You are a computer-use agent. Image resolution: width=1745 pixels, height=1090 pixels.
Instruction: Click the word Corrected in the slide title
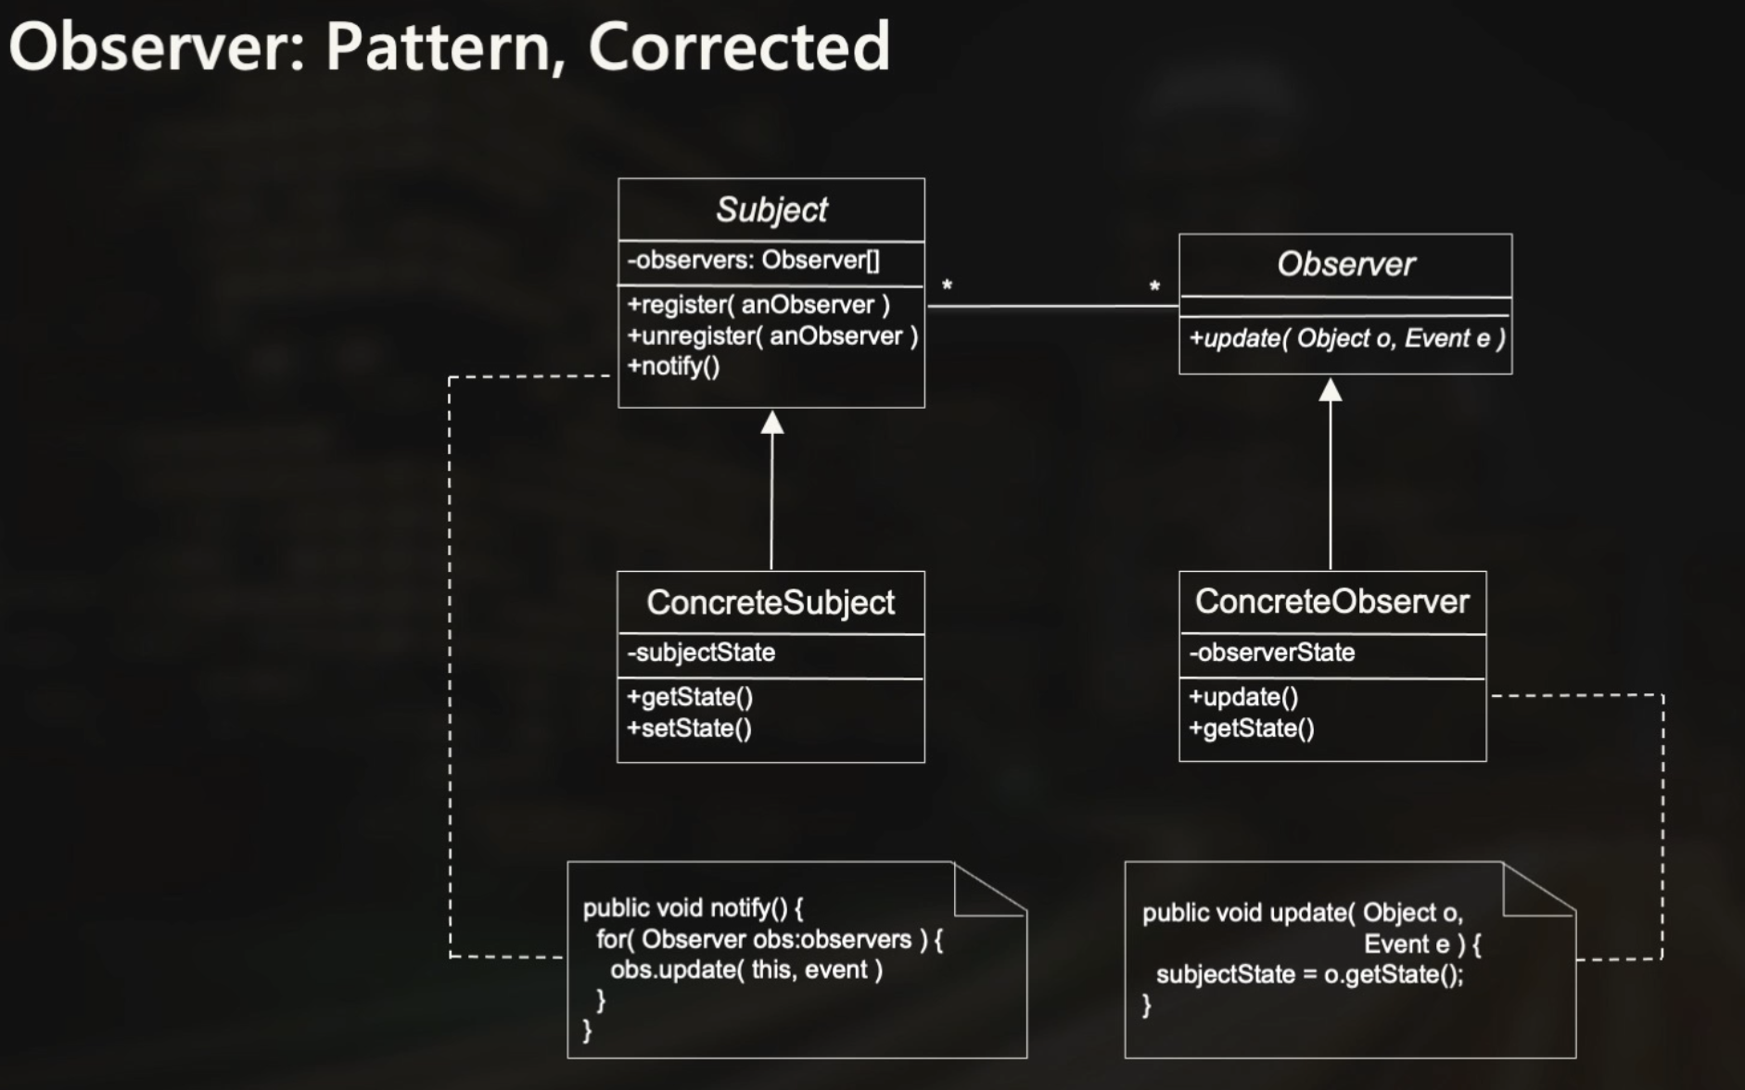click(739, 46)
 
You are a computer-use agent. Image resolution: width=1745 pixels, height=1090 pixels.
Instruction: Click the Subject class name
click(771, 209)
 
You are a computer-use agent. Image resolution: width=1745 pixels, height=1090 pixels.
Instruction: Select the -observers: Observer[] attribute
click(753, 260)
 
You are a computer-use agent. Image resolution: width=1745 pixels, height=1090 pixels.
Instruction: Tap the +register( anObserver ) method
click(758, 305)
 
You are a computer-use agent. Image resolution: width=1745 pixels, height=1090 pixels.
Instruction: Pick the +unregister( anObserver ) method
click(772, 336)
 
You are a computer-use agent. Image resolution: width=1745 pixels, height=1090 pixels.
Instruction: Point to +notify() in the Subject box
click(673, 366)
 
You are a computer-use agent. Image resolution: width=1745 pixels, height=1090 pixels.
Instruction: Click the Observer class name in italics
click(1345, 264)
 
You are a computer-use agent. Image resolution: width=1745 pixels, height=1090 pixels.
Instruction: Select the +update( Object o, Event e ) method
click(1346, 338)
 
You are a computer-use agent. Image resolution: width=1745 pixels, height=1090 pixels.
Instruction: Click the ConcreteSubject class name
click(771, 602)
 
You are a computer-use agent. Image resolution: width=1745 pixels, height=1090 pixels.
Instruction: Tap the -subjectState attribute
click(701, 653)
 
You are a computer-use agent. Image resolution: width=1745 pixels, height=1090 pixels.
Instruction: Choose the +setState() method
click(689, 729)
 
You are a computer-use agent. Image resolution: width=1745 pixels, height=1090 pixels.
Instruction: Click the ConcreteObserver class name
click(1331, 602)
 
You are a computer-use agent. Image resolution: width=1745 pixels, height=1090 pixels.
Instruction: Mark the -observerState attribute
click(1271, 653)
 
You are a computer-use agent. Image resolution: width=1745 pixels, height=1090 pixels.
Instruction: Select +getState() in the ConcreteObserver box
click(1251, 729)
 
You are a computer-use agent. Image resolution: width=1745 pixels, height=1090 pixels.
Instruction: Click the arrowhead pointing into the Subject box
click(772, 423)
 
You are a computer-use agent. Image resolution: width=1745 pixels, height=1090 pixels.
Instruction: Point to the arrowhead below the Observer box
click(1331, 389)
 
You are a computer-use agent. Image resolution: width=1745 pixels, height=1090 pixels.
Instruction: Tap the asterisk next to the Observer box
click(1154, 287)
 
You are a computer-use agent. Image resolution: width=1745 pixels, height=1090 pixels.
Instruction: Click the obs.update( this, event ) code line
click(746, 970)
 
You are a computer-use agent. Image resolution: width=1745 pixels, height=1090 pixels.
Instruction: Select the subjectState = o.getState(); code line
click(1309, 974)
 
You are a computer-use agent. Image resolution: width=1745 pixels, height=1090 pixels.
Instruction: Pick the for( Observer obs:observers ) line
click(769, 939)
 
